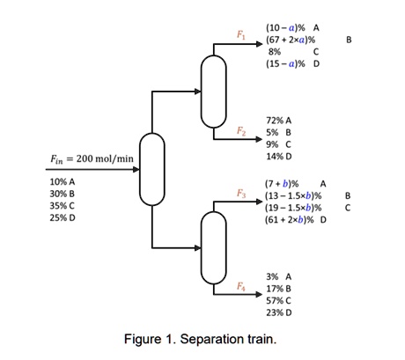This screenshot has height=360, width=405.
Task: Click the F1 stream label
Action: [x=241, y=33]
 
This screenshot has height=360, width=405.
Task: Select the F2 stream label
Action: [x=241, y=131]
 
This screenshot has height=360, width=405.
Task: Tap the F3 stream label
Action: [x=241, y=193]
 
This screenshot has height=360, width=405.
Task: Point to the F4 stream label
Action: [x=241, y=287]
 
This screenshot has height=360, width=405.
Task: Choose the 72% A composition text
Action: [x=278, y=119]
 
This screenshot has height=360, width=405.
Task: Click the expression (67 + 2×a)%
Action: [x=291, y=40]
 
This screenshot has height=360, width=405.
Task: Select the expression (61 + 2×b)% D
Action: [x=295, y=220]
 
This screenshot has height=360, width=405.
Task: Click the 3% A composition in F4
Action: [x=278, y=276]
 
